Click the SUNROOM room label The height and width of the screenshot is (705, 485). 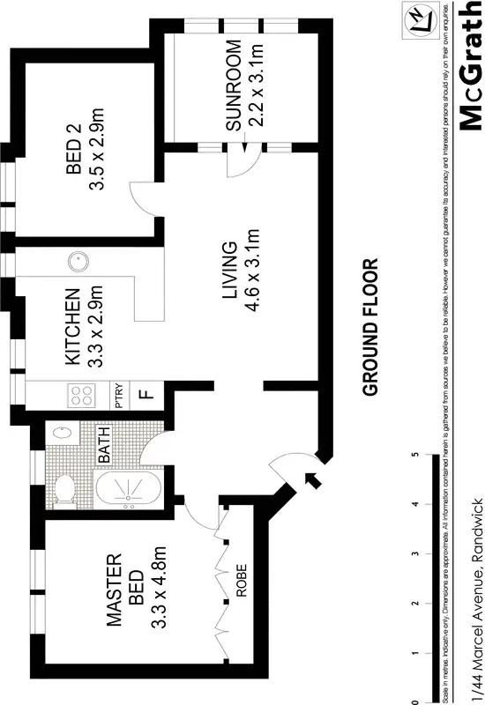tap(234, 85)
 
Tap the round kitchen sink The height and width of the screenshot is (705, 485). tap(78, 261)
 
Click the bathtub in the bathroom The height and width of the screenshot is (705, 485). tap(127, 489)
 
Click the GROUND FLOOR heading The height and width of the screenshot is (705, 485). tap(369, 326)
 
